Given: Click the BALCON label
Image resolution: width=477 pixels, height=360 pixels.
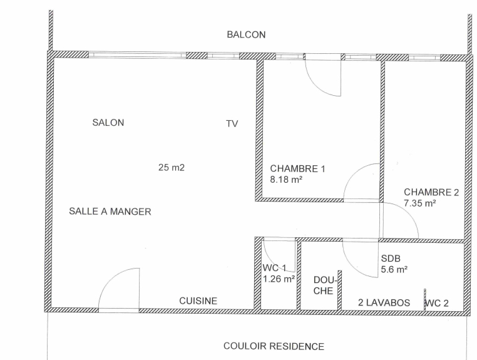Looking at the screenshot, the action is pos(246,34).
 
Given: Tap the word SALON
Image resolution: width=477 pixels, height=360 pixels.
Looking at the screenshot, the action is pos(108,123).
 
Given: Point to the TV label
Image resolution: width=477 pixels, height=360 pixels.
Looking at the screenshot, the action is pos(232,123).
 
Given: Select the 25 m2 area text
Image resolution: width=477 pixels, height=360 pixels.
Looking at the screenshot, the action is pos(172,167).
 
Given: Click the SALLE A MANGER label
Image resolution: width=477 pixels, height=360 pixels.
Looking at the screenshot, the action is pos(110,211).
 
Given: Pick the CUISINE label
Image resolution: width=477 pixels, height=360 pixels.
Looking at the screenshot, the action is pos(198,301).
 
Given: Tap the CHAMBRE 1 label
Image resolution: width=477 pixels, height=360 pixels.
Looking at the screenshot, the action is pos(297,168).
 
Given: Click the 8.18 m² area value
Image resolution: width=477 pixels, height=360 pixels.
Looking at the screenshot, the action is pos(286,180).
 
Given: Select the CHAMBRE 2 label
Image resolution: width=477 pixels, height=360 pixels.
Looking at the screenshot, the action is pos(431,192).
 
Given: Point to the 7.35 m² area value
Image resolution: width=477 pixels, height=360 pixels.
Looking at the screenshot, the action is pos(420,203).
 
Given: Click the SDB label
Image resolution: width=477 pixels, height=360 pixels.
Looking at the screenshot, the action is pos(391,259).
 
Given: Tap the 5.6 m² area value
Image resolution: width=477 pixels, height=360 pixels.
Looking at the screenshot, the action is pos(394,269).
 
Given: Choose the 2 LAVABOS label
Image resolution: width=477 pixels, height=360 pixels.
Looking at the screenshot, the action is pos(384,302).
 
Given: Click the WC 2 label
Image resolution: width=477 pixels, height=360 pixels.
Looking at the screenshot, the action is pos(436,303).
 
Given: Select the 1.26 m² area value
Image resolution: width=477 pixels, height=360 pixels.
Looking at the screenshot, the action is pos(279,279).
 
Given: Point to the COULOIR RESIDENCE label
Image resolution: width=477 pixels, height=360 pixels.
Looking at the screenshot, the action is pos(274,346).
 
